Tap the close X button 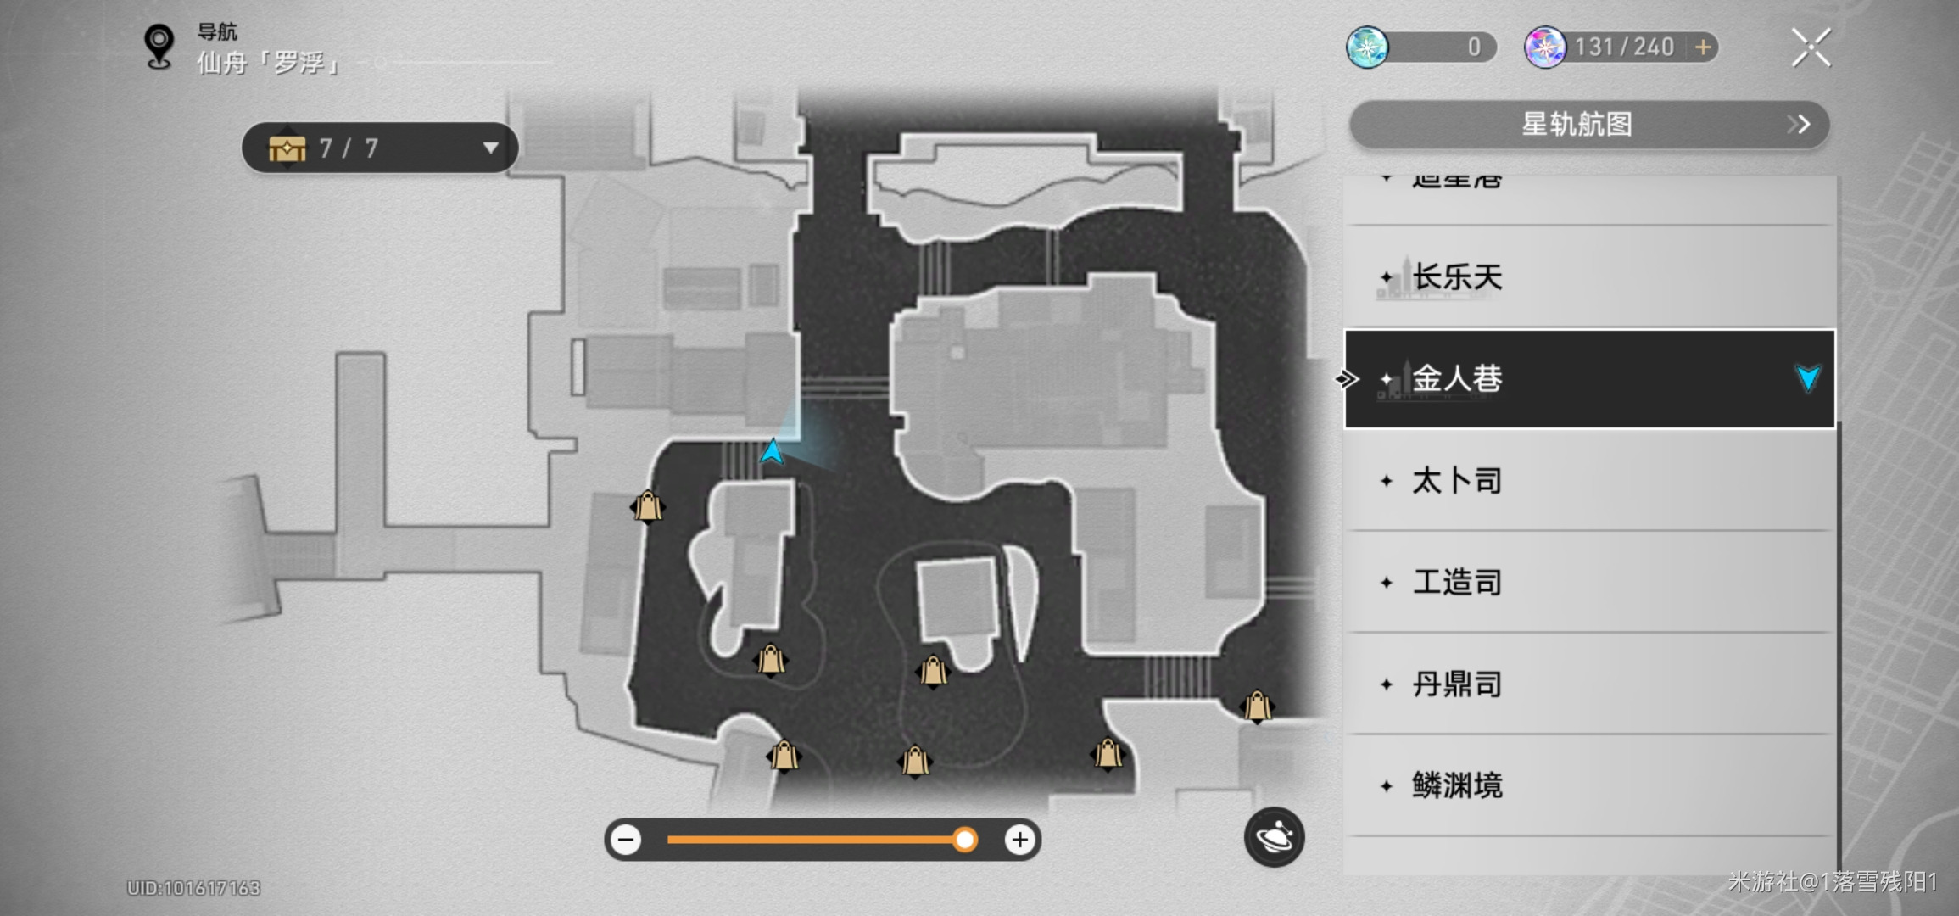[1811, 47]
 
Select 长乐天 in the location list [1457, 277]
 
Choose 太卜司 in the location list [1457, 481]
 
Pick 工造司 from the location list [1457, 583]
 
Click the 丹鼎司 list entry [1457, 684]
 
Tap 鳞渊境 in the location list [1457, 786]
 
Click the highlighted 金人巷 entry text [1457, 378]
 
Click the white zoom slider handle [964, 840]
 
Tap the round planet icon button [1274, 837]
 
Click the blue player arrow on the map [772, 451]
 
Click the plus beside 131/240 [1703, 47]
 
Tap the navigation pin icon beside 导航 [159, 46]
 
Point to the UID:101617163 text [193, 888]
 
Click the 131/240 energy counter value [1624, 47]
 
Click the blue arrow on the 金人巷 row [1807, 378]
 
